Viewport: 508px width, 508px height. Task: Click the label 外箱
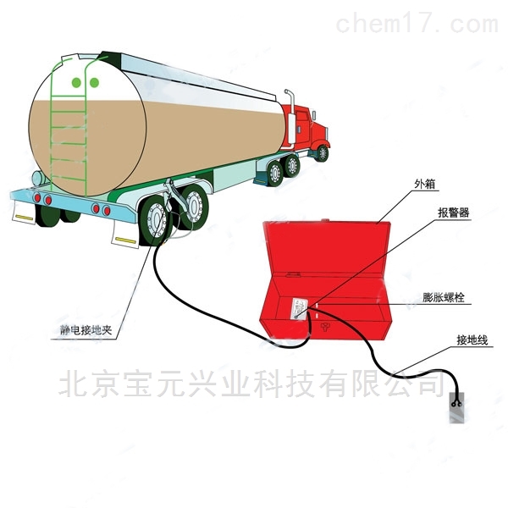[424, 184]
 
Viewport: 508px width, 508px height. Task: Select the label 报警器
[453, 213]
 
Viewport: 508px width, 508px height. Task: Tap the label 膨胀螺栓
[444, 297]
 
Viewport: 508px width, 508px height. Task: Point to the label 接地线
[472, 340]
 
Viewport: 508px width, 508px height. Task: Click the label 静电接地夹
[86, 330]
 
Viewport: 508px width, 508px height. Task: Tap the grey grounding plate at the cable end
[456, 407]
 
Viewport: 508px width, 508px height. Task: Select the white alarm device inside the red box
[300, 309]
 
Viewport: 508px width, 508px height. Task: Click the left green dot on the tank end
[76, 83]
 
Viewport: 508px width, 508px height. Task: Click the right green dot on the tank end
[94, 83]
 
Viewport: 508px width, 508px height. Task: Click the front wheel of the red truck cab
[323, 153]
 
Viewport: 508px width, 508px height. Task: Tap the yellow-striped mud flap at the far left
[24, 213]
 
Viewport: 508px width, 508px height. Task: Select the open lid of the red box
[327, 248]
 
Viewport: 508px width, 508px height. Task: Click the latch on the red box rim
[293, 274]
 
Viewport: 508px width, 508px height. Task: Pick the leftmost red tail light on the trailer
[37, 197]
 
